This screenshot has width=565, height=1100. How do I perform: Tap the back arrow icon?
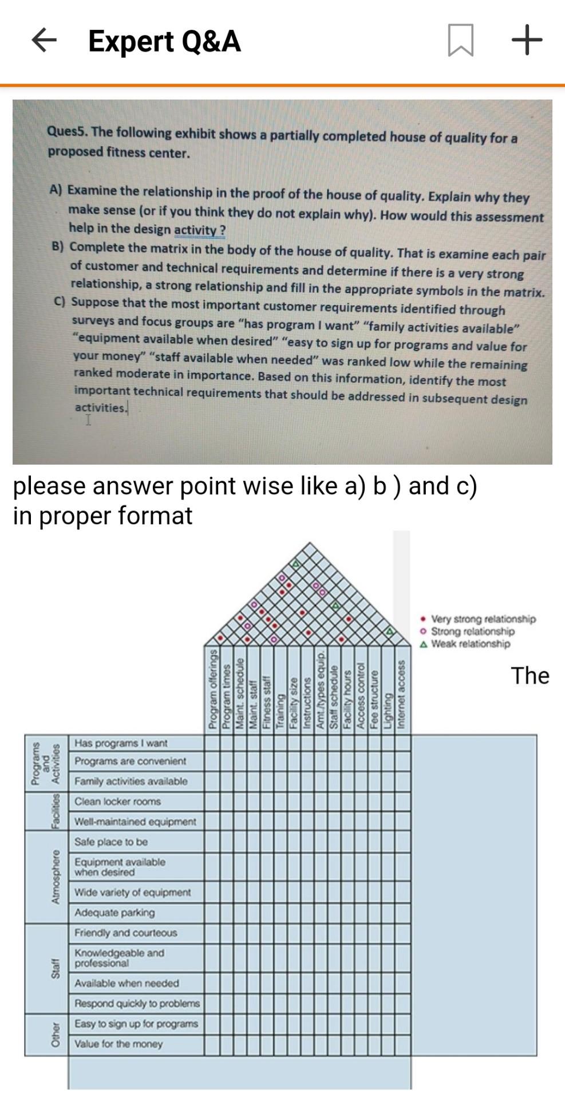click(44, 40)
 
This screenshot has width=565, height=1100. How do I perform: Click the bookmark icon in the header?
click(460, 40)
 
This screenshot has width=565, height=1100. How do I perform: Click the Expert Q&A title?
click(164, 41)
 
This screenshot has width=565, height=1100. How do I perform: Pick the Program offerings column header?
click(212, 689)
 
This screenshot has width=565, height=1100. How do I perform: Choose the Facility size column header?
click(293, 702)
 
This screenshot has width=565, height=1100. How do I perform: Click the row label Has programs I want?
click(121, 743)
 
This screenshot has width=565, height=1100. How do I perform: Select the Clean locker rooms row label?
click(117, 802)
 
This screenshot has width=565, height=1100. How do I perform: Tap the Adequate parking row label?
click(114, 913)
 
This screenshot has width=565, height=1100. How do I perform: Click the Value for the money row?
click(118, 1044)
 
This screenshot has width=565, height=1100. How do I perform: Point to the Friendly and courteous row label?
click(125, 933)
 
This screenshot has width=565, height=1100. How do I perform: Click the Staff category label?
click(56, 968)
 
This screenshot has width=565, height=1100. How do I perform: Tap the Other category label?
click(56, 1035)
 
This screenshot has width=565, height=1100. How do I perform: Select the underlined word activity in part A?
click(195, 230)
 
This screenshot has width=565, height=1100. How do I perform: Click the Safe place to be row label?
click(110, 842)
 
